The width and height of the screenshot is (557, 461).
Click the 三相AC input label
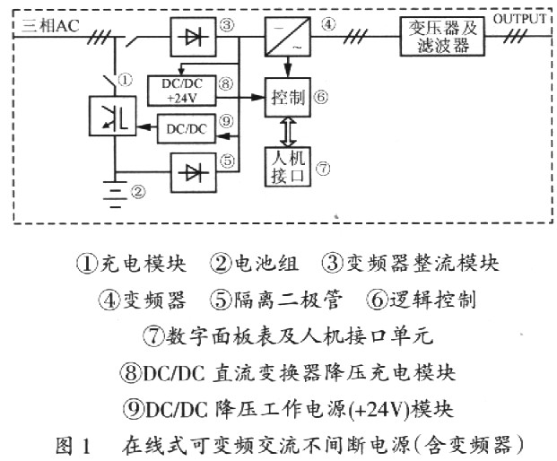click(x=44, y=24)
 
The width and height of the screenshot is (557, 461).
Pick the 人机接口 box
click(x=285, y=165)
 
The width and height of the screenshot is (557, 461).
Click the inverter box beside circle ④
click(x=287, y=38)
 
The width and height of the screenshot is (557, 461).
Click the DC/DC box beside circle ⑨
click(x=185, y=128)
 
